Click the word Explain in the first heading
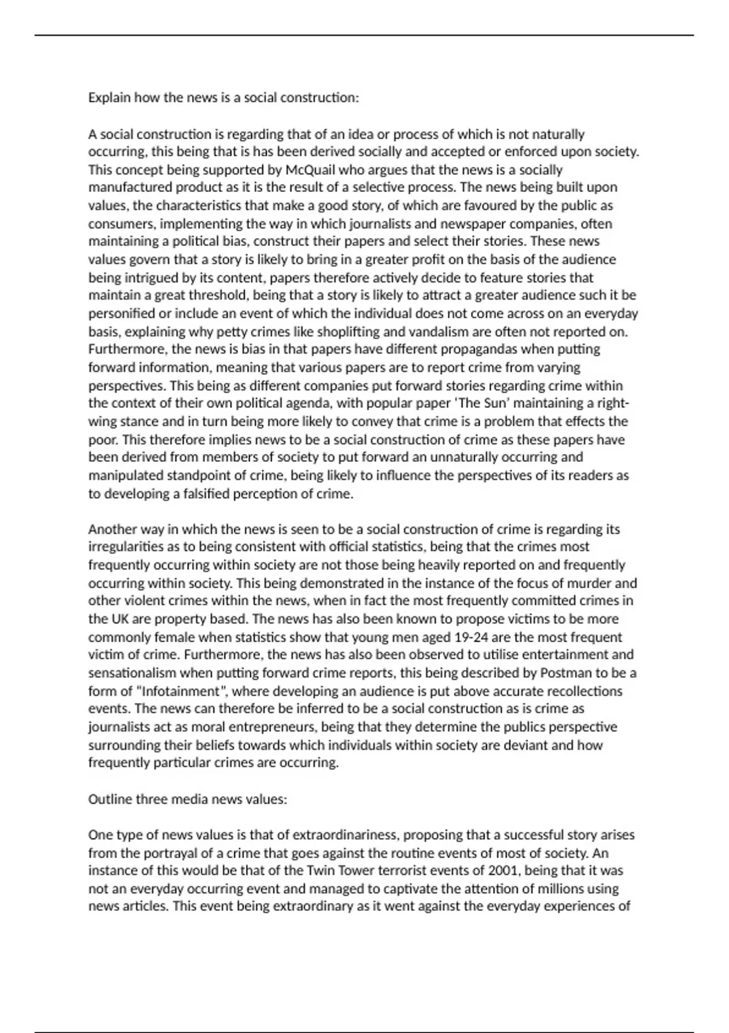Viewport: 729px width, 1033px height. pyautogui.click(x=109, y=98)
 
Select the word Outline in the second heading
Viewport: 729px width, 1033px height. pyautogui.click(x=110, y=799)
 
